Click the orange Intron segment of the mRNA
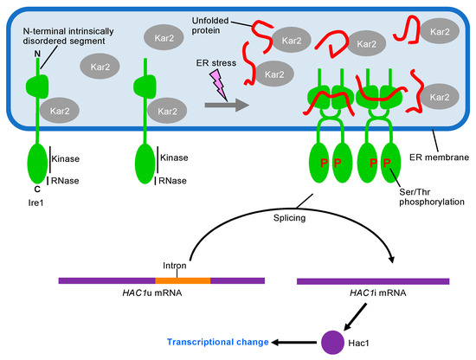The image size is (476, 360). [x=183, y=281]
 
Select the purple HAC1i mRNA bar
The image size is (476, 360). [x=372, y=281]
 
